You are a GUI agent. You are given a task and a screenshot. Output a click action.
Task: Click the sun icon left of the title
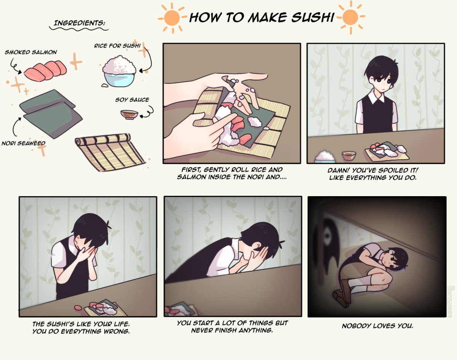pos(172,18)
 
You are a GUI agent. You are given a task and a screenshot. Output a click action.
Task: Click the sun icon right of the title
pos(350,18)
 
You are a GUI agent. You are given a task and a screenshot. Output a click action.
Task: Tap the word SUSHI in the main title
pos(313,17)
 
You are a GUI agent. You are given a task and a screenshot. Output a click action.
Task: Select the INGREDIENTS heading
pos(79,23)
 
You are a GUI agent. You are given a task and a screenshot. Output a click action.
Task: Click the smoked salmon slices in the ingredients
pos(45,71)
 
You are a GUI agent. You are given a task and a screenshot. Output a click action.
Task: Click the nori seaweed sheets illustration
pos(51,114)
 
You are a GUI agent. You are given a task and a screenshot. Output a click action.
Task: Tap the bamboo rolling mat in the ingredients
pos(110,152)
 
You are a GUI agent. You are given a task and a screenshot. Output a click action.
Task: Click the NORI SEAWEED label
pos(23,144)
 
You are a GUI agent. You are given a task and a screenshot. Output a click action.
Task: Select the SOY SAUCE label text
pos(132,100)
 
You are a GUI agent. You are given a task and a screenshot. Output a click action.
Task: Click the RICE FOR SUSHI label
pos(117,46)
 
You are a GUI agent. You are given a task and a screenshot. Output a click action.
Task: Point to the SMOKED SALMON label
pos(31,52)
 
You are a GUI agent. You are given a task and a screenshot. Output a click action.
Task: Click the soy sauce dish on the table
pos(349,155)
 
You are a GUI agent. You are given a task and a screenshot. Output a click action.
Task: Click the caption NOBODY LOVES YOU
pos(377,326)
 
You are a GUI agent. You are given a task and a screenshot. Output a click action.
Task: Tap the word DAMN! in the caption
pos(339,170)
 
